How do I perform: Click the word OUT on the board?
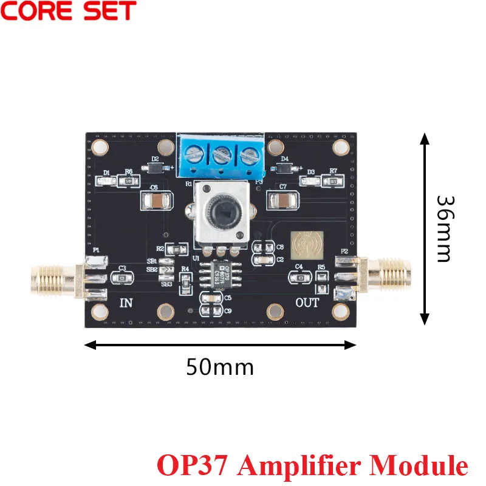307,303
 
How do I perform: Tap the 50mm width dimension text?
219,367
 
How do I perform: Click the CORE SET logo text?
69,12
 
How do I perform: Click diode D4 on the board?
284,168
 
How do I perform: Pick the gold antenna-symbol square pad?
306,245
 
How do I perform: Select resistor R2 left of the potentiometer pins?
176,249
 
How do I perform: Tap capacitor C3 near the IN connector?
122,277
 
